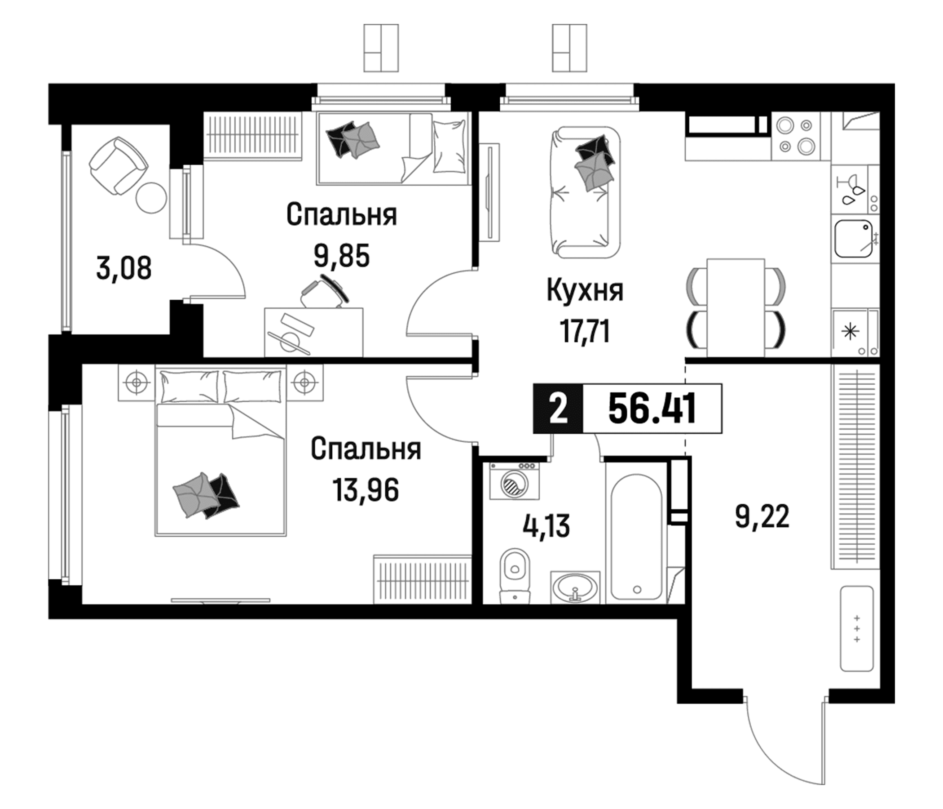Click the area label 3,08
(x=124, y=268)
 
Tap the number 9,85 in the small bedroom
(x=342, y=256)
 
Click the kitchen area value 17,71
(x=585, y=331)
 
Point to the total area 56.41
(x=652, y=409)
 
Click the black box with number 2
(x=559, y=409)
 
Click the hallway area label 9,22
(x=762, y=517)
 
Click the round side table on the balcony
(x=151, y=197)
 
